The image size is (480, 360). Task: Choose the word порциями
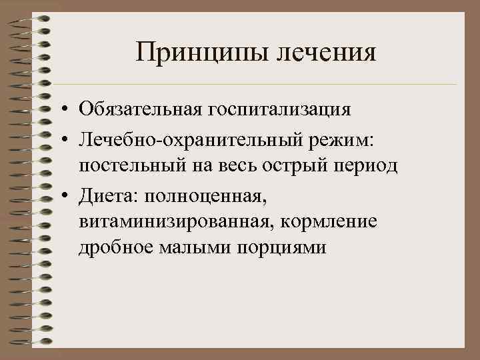click(285, 249)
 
